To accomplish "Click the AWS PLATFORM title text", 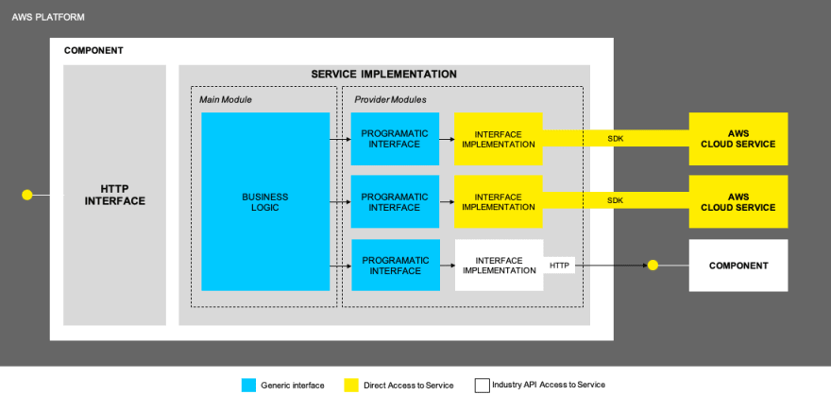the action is [48, 18].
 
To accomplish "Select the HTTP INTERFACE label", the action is [114, 195].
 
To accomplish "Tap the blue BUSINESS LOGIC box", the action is [265, 201].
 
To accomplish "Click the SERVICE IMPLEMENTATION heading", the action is [383, 75].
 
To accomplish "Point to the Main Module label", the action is [226, 99].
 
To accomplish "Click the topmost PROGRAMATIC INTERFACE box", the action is [395, 139].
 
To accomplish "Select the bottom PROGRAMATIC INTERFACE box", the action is [396, 266].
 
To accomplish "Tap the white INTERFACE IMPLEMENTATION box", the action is [499, 266].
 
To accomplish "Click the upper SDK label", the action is [616, 139].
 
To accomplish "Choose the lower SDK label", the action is [616, 201].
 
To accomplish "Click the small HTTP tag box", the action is [559, 266].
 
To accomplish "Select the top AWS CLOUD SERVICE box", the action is [738, 139].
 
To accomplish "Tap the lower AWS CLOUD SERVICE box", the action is [738, 201].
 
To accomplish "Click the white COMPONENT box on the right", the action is [738, 266].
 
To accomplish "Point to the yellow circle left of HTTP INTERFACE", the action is [27, 195].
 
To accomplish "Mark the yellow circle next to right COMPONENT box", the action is [653, 266].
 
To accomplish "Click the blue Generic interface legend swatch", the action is [248, 386].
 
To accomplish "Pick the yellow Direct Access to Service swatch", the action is [351, 386].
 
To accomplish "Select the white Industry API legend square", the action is [483, 386].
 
